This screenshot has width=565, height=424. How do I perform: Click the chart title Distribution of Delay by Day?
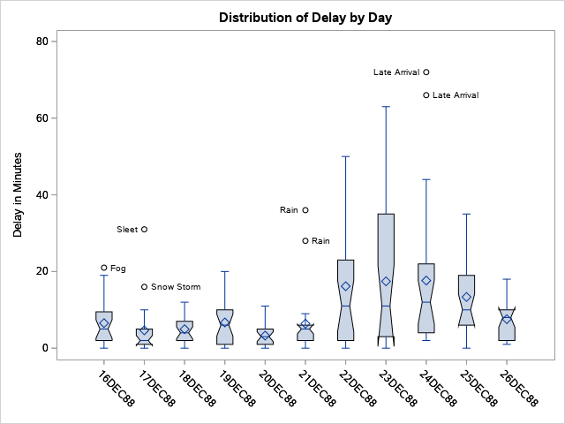tap(305, 18)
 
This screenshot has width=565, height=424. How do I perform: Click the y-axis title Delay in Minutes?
tap(18, 194)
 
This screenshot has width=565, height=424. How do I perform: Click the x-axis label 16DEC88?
tap(116, 388)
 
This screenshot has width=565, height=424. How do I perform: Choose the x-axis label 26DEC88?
tap(518, 388)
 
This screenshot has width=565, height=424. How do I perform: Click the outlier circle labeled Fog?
tap(104, 268)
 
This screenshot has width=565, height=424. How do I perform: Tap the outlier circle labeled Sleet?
tap(145, 230)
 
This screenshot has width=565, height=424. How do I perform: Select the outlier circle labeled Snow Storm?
tap(145, 287)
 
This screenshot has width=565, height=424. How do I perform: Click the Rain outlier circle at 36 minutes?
tap(305, 210)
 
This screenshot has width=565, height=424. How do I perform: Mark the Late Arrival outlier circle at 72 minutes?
tap(426, 72)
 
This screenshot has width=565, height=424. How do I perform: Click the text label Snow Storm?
tap(176, 287)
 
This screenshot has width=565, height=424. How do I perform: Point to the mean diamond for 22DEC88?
tap(346, 286)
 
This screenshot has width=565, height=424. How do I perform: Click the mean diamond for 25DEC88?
tap(466, 297)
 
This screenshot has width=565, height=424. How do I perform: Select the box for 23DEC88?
tap(386, 265)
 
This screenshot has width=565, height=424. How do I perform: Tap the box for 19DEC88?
tap(225, 327)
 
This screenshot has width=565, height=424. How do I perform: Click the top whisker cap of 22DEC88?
tap(346, 156)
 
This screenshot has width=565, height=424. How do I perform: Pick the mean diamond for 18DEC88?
tap(185, 329)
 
